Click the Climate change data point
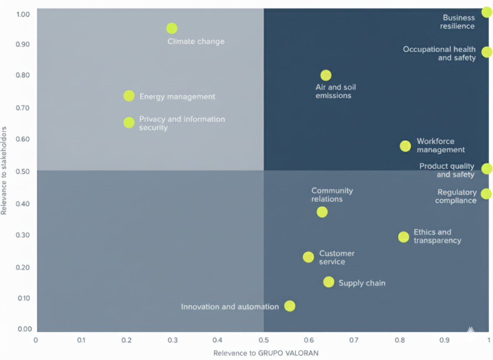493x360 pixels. pos(172,28)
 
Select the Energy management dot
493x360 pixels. pos(129,96)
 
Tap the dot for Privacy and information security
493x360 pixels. pos(129,122)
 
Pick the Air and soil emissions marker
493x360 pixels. pos(326,75)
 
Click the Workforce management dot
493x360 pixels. pos(405,146)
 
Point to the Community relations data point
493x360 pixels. pos(322,212)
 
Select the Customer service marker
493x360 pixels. pos(308,257)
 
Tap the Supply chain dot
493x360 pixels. pos(329,282)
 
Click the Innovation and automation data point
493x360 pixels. pos(290,306)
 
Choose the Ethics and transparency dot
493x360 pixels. pos(403,237)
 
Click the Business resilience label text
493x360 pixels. pos(458,22)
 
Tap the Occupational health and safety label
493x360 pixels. pos(439,53)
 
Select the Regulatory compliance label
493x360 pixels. pos(456,196)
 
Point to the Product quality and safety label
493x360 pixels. pos(447,170)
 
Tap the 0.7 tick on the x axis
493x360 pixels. pos(354,340)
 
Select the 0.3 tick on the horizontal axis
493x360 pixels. pos(172,340)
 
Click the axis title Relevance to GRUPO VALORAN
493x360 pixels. pos(266,353)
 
